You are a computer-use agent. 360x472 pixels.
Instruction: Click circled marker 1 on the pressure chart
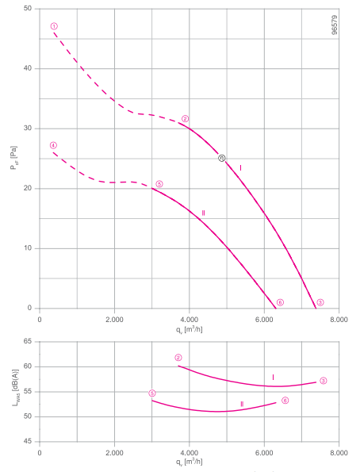pyautogui.click(x=54, y=26)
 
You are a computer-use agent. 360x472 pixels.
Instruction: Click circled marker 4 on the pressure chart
pyautogui.click(x=53, y=145)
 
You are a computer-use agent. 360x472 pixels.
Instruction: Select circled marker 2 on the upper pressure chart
pyautogui.click(x=185, y=119)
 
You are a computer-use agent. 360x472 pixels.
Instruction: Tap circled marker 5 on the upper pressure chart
pyautogui.click(x=159, y=184)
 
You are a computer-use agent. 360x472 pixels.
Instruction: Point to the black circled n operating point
pyautogui.click(x=221, y=158)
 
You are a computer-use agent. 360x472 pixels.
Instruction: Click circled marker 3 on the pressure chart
pyautogui.click(x=320, y=302)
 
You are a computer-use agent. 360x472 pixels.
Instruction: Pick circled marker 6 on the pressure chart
pyautogui.click(x=280, y=302)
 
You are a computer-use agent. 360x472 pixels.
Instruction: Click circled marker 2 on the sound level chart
pyautogui.click(x=178, y=358)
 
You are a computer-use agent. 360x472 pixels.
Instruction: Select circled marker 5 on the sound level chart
pyautogui.click(x=152, y=393)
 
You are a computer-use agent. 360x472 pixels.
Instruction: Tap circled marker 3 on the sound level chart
pyautogui.click(x=323, y=381)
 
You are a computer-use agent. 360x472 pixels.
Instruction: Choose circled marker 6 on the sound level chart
pyautogui.click(x=285, y=401)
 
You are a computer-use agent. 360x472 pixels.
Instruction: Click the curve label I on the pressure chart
pyautogui.click(x=240, y=168)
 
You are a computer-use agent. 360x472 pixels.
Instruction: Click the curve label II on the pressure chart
pyautogui.click(x=203, y=213)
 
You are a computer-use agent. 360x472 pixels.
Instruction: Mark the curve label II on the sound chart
pyautogui.click(x=242, y=404)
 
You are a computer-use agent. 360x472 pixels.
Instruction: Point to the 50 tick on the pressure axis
pyautogui.click(x=28, y=8)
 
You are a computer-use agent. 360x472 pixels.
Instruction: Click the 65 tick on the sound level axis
pyautogui.click(x=28, y=341)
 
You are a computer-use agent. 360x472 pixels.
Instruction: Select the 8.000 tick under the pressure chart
pyautogui.click(x=339, y=320)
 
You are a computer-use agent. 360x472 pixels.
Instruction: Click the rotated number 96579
pyautogui.click(x=334, y=25)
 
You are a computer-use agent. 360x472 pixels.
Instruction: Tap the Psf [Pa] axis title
pyautogui.click(x=13, y=158)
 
